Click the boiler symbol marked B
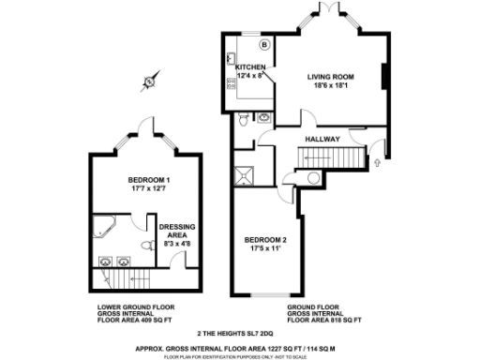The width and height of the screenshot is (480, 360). click(x=263, y=44)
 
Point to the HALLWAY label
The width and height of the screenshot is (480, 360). click(x=322, y=140)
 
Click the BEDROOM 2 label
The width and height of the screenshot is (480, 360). click(x=263, y=239)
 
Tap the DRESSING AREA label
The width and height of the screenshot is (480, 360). click(x=176, y=231)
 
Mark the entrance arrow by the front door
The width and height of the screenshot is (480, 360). click(x=378, y=162)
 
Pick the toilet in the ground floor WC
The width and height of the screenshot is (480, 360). click(x=244, y=120)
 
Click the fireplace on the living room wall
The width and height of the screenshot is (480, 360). click(x=383, y=77)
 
